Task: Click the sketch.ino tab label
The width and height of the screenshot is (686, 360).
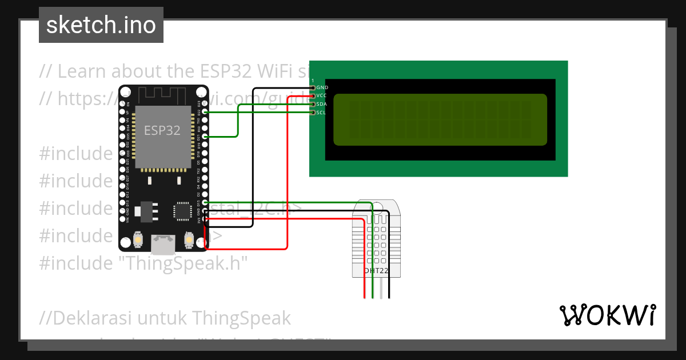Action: point(101,25)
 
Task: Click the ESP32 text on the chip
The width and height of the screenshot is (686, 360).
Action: point(162,130)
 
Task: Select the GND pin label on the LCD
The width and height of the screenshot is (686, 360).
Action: point(322,87)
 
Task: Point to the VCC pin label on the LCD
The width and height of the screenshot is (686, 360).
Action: point(321,96)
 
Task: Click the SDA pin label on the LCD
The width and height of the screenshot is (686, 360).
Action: point(321,105)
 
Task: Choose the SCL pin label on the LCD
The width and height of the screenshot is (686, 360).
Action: point(321,113)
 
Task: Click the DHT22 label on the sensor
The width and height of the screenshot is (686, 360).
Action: point(377,271)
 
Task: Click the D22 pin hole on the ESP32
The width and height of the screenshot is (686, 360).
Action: point(205,113)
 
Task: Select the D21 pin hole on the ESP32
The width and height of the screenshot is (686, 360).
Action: point(205,137)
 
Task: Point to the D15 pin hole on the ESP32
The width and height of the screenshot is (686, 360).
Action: point(205,203)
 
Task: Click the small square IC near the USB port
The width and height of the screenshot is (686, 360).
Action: point(182,210)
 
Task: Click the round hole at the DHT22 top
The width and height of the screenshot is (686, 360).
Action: point(377,206)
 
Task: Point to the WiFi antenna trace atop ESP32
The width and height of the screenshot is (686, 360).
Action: point(161,93)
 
